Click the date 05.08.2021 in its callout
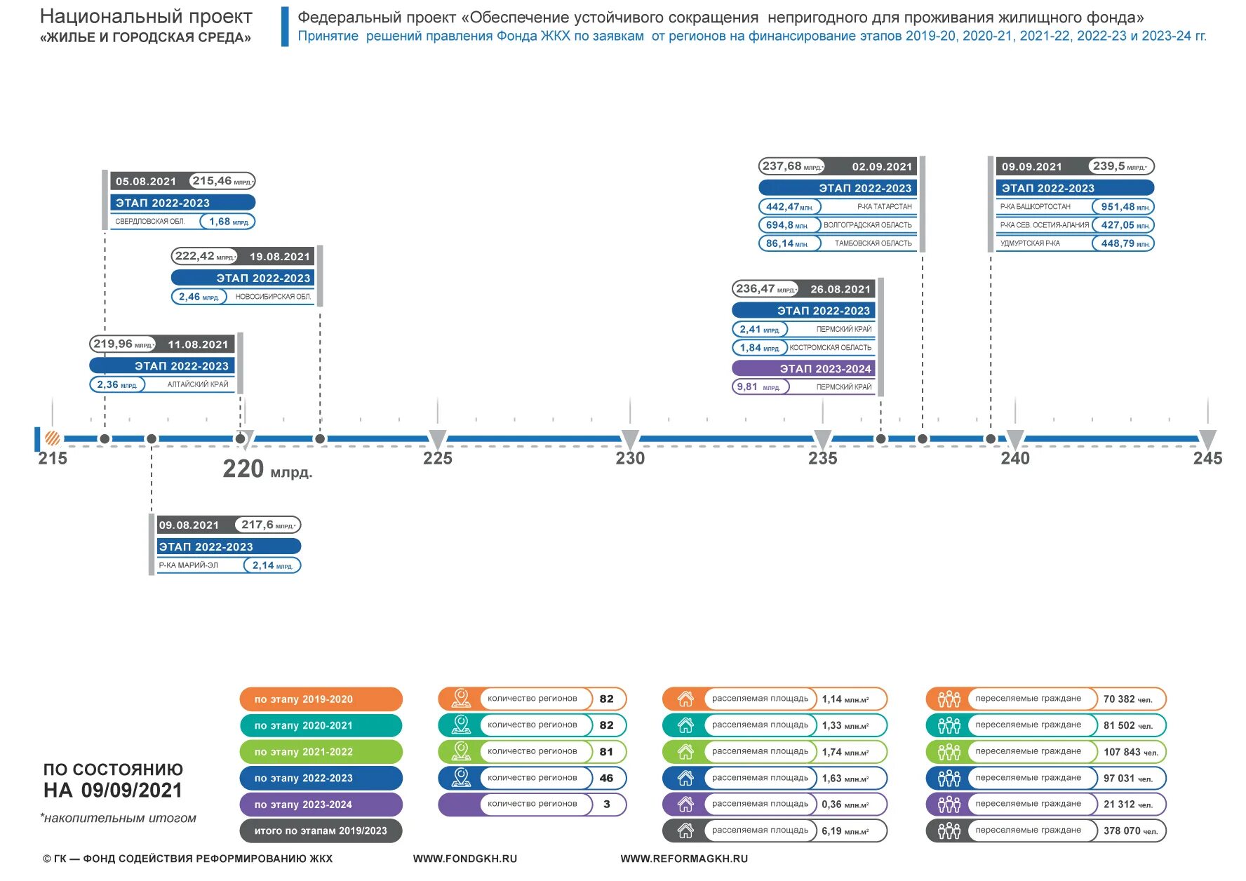(146, 182)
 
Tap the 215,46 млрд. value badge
(222, 181)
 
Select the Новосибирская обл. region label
(273, 297)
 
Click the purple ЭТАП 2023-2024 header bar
(803, 368)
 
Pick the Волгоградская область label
(867, 225)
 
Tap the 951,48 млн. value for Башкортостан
(1123, 207)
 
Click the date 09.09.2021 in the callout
(1031, 167)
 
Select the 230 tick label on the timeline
(630, 459)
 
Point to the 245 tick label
(1207, 459)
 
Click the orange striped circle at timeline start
(53, 438)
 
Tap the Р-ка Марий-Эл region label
(189, 565)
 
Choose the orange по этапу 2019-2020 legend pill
(321, 699)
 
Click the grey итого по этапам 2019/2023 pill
(321, 831)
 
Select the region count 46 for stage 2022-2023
(607, 778)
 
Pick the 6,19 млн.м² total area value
(845, 831)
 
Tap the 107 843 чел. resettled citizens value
(1130, 752)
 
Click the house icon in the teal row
(685, 725)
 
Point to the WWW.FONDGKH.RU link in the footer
(464, 859)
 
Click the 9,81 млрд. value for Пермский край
(759, 387)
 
